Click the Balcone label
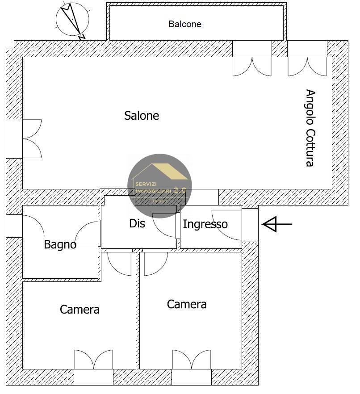coord(184,24)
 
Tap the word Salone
coord(142,116)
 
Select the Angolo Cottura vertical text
coord(310,128)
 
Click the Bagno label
coord(60,244)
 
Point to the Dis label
coord(137,223)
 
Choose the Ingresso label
coord(205,224)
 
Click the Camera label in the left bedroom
coord(80,309)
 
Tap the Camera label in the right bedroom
coord(187,304)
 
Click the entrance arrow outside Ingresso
coord(276,224)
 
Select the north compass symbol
coord(72,21)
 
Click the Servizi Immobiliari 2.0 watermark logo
coord(159,185)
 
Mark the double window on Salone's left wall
coord(31,138)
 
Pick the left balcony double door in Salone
coord(252,66)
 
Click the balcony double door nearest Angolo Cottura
coord(307,66)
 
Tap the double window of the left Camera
coord(93,360)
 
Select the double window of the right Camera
coord(192,360)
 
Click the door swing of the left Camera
coord(119,264)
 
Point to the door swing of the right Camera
coord(155,264)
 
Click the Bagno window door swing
coord(33,226)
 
